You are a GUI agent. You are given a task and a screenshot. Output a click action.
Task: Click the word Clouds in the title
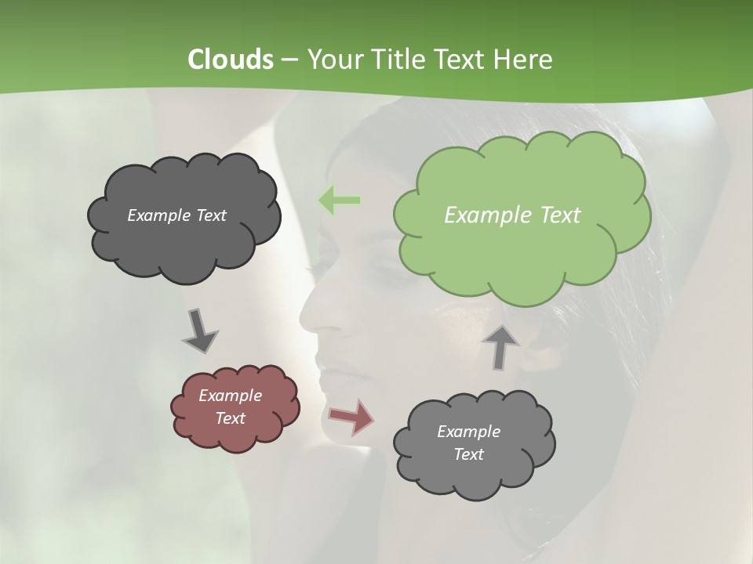point(230,60)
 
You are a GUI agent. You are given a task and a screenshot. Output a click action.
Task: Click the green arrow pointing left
point(339,201)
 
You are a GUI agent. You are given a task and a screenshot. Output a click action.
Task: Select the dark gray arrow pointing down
point(199,331)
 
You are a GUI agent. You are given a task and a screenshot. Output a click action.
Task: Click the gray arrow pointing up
point(500,347)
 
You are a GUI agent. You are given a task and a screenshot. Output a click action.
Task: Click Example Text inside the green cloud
point(512,215)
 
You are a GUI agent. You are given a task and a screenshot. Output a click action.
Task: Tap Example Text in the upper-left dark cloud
point(176,215)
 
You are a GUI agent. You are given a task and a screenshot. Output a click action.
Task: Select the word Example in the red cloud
point(230,396)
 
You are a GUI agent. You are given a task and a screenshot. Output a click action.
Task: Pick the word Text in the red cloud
point(230,418)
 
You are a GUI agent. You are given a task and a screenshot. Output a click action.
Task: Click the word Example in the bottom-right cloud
point(468,432)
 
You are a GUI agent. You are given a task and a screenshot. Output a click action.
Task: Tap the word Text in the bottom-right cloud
point(468,454)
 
